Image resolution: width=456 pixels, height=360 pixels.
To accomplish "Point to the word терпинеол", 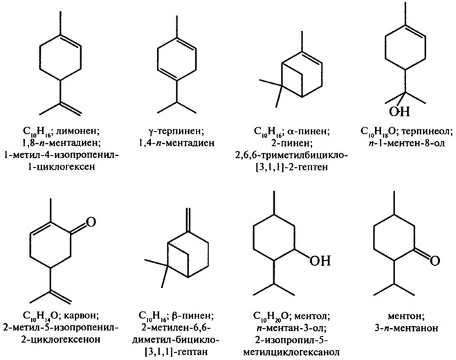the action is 426,131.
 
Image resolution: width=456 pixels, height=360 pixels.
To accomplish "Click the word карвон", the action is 82,315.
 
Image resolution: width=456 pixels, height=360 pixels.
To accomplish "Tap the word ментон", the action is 407,316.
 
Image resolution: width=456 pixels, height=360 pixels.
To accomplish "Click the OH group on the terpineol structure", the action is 399,111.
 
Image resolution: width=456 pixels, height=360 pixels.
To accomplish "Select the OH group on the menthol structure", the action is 320,260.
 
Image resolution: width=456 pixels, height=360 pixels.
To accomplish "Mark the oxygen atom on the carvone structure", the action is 91,222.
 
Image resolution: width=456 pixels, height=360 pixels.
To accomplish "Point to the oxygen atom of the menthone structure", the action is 435,260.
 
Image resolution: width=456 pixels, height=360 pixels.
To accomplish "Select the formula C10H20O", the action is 271,316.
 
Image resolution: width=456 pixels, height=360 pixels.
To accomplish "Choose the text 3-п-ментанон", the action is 407,328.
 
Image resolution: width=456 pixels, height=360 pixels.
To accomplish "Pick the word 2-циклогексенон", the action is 62,339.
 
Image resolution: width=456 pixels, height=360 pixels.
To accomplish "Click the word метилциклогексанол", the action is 291,352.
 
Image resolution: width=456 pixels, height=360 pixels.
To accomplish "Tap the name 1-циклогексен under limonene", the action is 61,168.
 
